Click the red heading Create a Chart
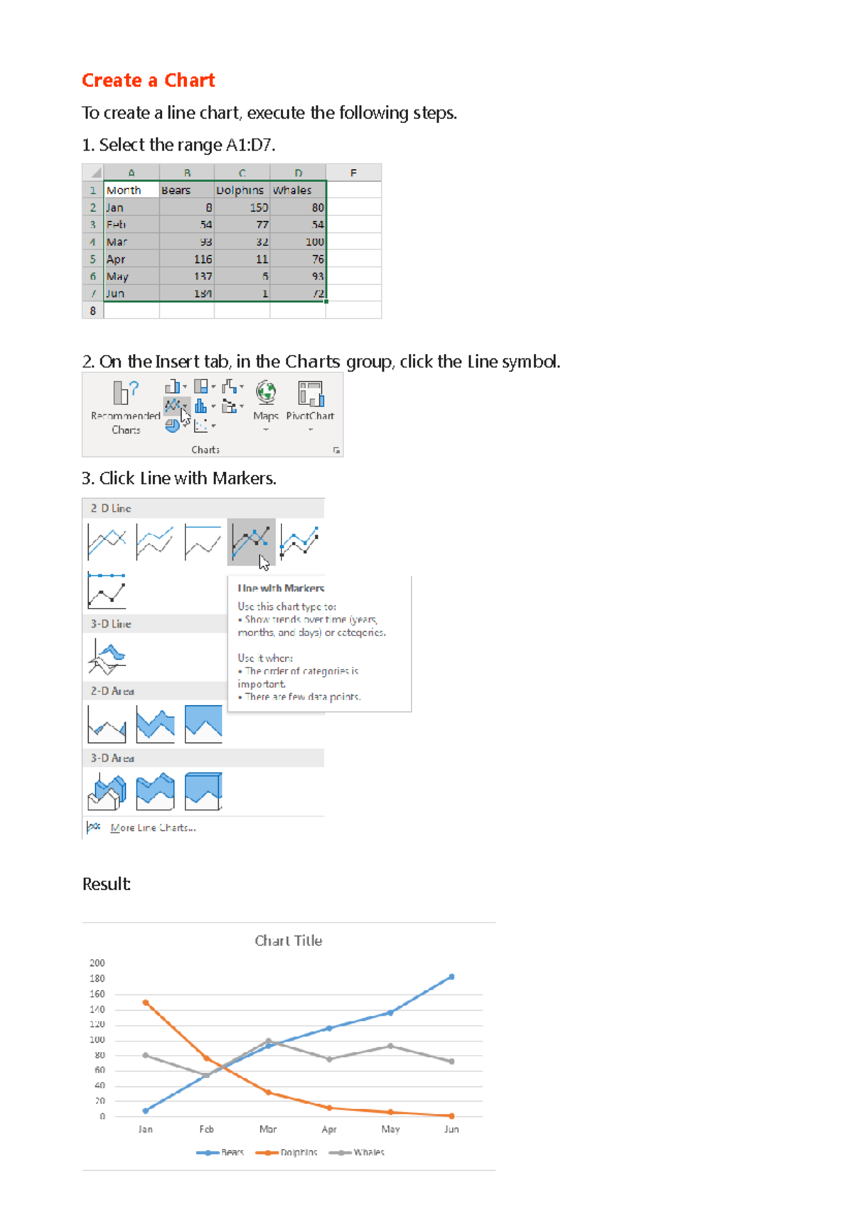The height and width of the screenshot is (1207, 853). (x=148, y=80)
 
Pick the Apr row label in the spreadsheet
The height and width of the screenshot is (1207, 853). (x=116, y=259)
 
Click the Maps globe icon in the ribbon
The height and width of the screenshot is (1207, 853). (x=266, y=392)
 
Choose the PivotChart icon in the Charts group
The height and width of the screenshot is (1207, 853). (x=311, y=394)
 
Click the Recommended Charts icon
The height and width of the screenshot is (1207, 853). (x=125, y=392)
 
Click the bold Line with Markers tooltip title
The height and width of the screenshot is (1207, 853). (x=281, y=589)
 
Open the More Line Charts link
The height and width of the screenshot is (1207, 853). (x=153, y=827)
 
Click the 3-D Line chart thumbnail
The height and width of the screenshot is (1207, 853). (x=107, y=655)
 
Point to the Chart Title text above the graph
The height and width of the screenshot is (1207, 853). (x=288, y=940)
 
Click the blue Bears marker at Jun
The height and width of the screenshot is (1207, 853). (x=451, y=977)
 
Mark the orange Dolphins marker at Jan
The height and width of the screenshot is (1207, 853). (x=146, y=1003)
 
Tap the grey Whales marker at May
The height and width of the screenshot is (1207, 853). (x=390, y=1046)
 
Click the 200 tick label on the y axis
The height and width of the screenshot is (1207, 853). (x=97, y=963)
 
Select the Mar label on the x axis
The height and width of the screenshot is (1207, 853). (x=268, y=1129)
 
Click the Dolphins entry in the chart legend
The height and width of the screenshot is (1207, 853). (x=298, y=1152)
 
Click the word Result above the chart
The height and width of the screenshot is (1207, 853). (x=106, y=884)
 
